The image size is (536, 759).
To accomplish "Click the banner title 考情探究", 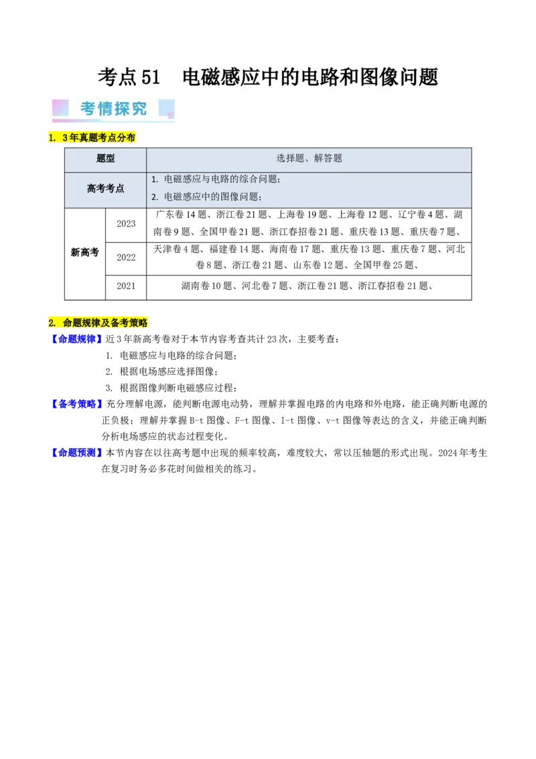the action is coord(113,109).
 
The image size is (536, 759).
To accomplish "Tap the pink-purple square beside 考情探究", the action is coord(60,108).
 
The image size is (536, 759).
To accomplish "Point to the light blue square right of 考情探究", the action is coord(166,109).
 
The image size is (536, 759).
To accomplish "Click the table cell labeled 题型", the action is coord(106,159).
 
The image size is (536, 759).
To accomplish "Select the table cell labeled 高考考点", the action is coord(106,189).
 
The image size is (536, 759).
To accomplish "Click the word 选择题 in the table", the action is coord(290,159).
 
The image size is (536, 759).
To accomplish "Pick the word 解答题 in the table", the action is coord(328,159).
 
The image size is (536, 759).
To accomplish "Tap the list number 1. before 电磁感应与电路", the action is coord(155,180).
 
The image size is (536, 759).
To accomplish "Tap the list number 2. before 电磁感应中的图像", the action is coord(155,197).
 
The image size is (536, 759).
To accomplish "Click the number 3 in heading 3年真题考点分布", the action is coord(65,138).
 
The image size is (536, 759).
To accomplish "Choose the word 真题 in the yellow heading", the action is coord(88,138).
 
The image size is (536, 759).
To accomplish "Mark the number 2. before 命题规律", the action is coord(52,323).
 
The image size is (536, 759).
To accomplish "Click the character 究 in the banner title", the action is coord(139,109).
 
